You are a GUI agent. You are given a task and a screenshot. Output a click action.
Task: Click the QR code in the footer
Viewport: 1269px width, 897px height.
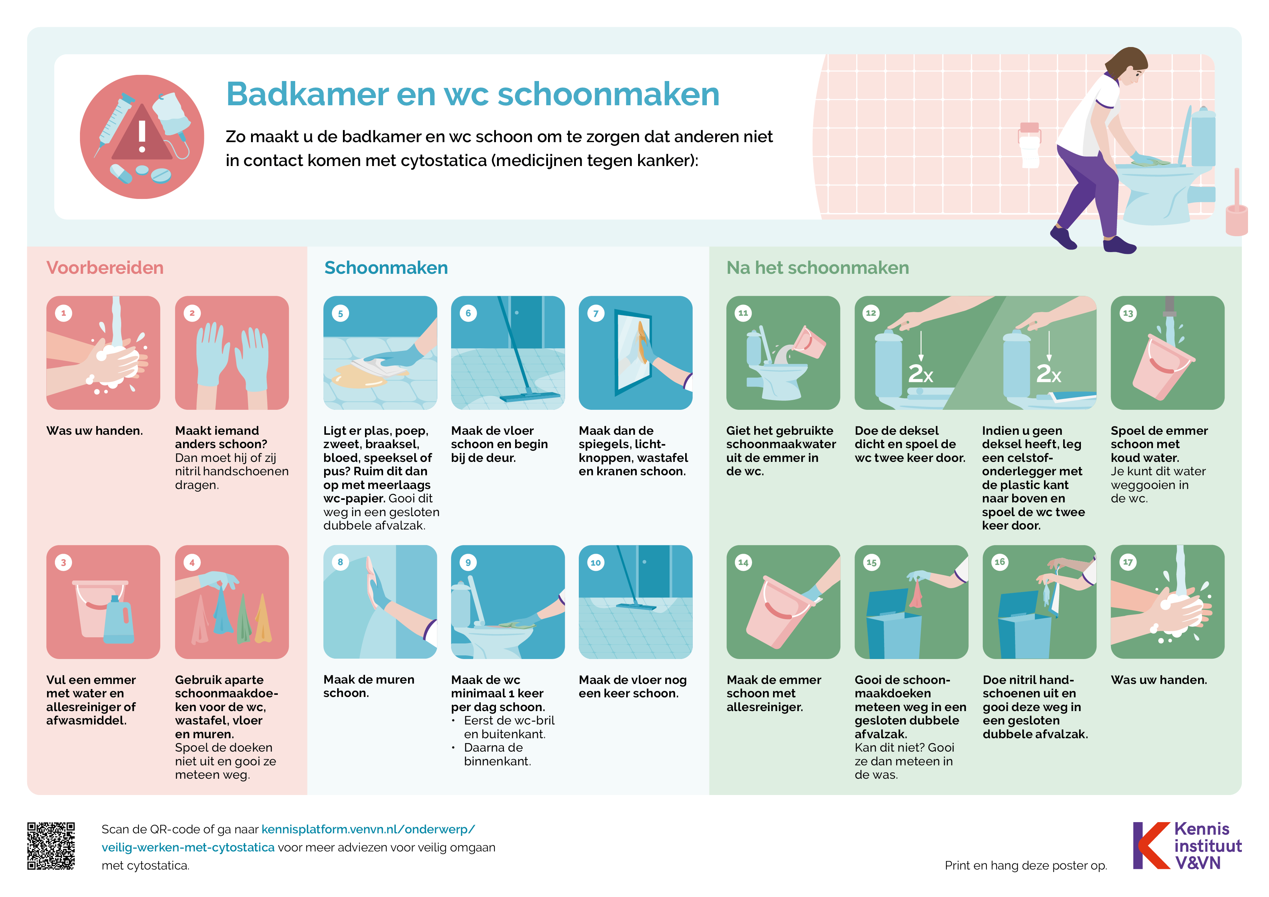[x=51, y=846]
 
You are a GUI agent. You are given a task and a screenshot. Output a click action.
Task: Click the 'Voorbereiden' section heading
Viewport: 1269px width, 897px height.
[x=105, y=268]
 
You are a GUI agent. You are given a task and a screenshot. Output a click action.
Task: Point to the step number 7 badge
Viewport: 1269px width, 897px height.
[x=595, y=313]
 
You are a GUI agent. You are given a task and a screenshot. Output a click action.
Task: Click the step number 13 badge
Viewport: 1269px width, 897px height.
[x=1128, y=313]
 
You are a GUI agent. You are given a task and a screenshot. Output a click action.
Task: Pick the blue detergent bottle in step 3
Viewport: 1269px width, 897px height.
[x=118, y=622]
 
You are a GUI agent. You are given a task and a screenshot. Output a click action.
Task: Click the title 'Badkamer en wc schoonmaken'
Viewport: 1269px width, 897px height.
[x=472, y=94]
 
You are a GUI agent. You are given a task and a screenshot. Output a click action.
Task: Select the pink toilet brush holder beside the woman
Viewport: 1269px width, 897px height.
[x=1236, y=218]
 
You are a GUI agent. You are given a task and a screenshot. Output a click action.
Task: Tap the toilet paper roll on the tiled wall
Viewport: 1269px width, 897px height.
[x=1029, y=146]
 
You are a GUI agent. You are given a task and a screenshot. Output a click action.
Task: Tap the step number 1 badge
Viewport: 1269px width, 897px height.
[x=64, y=313]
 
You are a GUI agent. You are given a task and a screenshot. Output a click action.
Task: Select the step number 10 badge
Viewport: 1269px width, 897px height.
[x=595, y=563]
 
